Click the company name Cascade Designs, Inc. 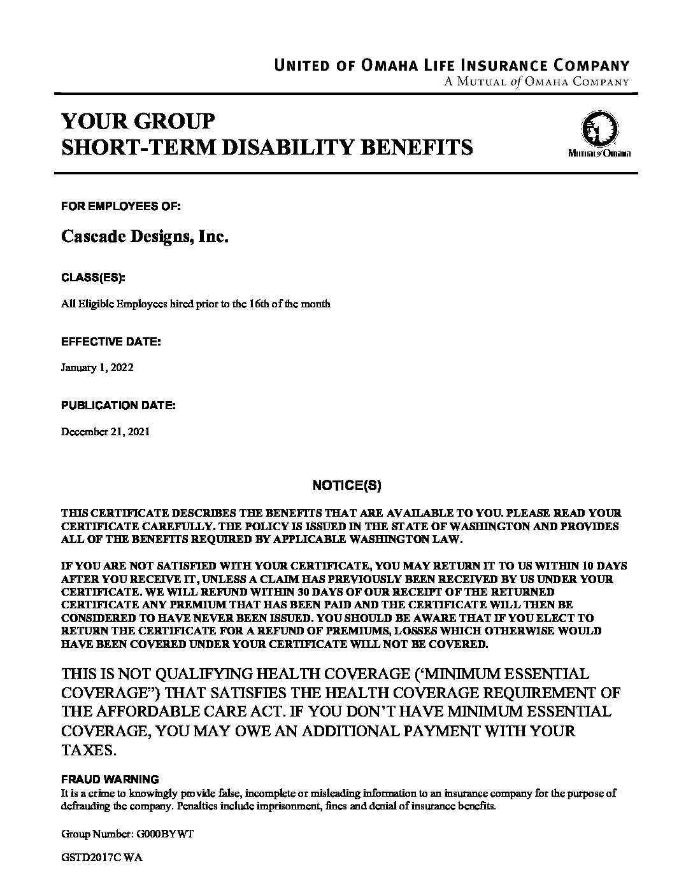coord(145,237)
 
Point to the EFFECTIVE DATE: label coord(111,342)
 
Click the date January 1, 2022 coord(97,368)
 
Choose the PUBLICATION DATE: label coord(118,405)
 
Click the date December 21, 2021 coord(105,431)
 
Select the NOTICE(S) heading coord(346,486)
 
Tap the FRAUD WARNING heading coord(110,779)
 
